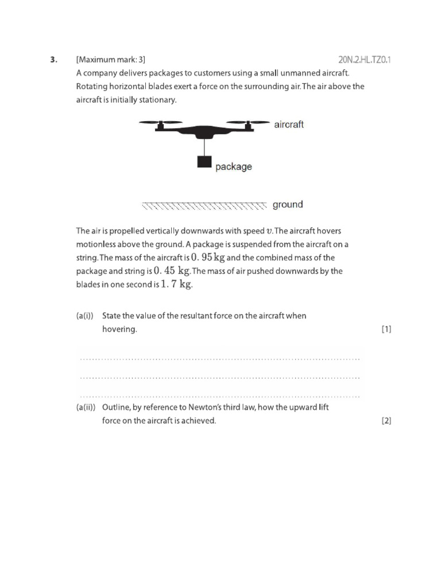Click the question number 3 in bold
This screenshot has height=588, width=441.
pos(53,60)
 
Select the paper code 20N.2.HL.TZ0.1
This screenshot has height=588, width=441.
pos(364,60)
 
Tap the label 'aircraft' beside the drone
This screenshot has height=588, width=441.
pos(289,125)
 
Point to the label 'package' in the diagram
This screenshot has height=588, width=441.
pos(234,167)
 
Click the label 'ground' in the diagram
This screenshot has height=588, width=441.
pos(288,204)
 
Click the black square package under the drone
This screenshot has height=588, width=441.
pos(204,162)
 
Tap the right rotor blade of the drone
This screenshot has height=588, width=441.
pos(248,122)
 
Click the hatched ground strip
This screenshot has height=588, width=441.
pos(204,205)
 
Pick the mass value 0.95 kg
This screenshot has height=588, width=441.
pos(208,257)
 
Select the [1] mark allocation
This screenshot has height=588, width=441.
pos(386,330)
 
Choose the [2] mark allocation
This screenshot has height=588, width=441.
pos(386,421)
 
